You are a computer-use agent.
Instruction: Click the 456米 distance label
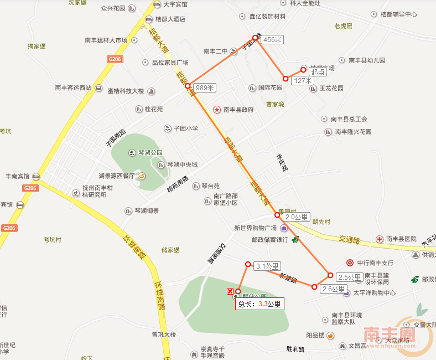(x=272, y=40)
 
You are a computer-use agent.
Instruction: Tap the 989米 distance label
(x=205, y=88)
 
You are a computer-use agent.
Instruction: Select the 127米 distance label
(x=303, y=80)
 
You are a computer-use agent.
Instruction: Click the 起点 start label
(x=317, y=72)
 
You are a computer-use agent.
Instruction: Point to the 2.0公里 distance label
(x=297, y=217)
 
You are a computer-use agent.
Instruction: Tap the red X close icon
(x=230, y=291)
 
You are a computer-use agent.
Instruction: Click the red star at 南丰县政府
(x=217, y=110)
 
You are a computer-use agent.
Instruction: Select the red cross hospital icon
(x=379, y=239)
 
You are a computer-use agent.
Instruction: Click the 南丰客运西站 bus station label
(x=72, y=88)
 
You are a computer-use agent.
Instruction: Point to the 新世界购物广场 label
(x=255, y=228)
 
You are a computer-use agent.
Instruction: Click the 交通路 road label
(x=349, y=240)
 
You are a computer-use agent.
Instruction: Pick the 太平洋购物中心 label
(x=375, y=292)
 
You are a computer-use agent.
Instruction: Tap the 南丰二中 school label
(x=215, y=52)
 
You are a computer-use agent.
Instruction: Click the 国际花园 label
(x=270, y=88)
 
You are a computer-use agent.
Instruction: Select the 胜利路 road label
(x=295, y=349)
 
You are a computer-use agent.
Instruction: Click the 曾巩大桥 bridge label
(x=163, y=334)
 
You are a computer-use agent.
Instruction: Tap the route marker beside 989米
(x=188, y=86)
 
